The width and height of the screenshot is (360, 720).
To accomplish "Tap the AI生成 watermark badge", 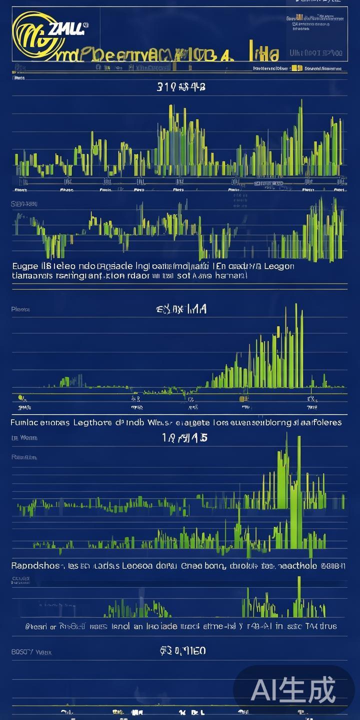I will point(293,690).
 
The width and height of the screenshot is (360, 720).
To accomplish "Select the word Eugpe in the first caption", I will point(24,266).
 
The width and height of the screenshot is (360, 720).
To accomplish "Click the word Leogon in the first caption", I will point(278,266).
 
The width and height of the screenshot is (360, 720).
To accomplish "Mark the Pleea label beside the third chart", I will point(20,309).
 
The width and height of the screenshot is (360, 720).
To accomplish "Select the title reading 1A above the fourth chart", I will point(184,438).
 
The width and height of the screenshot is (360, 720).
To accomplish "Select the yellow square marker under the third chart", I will point(242,398).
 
